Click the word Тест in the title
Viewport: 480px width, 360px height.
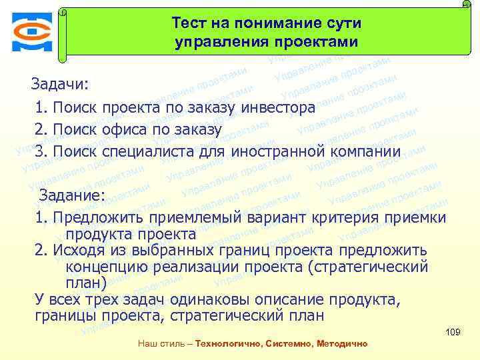(188, 23)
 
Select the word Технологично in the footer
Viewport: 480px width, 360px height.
(229, 344)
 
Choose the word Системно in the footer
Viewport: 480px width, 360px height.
(287, 344)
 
